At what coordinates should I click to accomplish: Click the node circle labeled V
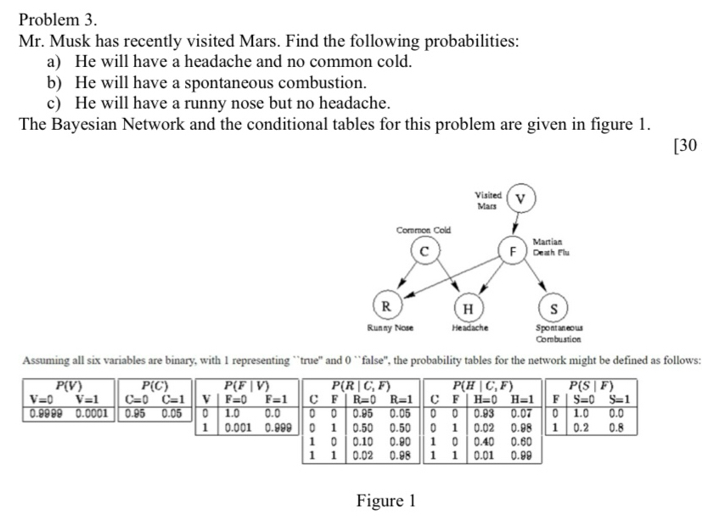tap(521, 200)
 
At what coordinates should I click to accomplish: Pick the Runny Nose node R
tap(386, 305)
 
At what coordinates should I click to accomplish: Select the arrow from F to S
tap(535, 280)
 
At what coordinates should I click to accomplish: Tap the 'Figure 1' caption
tap(385, 500)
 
